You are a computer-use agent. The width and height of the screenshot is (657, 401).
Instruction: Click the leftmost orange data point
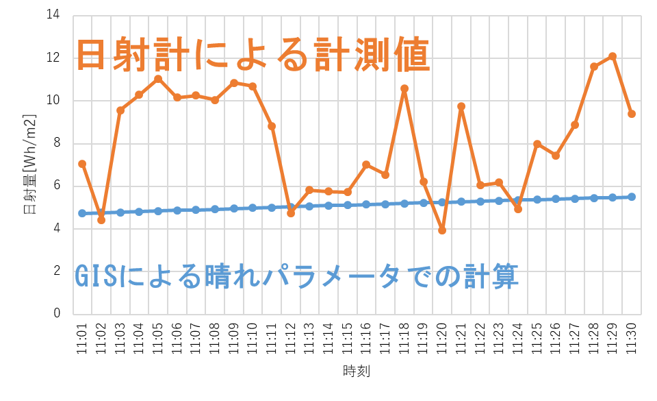(x=82, y=164)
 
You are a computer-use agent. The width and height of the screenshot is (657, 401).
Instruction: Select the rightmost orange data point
(x=632, y=114)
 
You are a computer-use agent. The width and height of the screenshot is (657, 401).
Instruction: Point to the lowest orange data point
(x=442, y=230)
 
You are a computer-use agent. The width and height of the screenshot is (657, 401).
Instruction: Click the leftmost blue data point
(x=82, y=213)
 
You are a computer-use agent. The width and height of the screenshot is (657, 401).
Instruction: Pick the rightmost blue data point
(x=632, y=197)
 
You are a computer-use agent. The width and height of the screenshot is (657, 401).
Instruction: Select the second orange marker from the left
(x=101, y=220)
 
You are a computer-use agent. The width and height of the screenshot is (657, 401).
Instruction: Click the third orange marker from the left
(x=120, y=110)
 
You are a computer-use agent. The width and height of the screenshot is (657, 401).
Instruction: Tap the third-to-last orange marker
(x=593, y=66)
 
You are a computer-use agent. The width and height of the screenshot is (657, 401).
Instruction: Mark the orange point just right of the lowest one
(x=461, y=106)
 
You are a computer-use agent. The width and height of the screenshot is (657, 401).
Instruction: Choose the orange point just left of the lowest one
(x=424, y=182)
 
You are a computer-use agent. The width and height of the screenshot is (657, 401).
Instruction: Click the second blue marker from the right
(x=613, y=197)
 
